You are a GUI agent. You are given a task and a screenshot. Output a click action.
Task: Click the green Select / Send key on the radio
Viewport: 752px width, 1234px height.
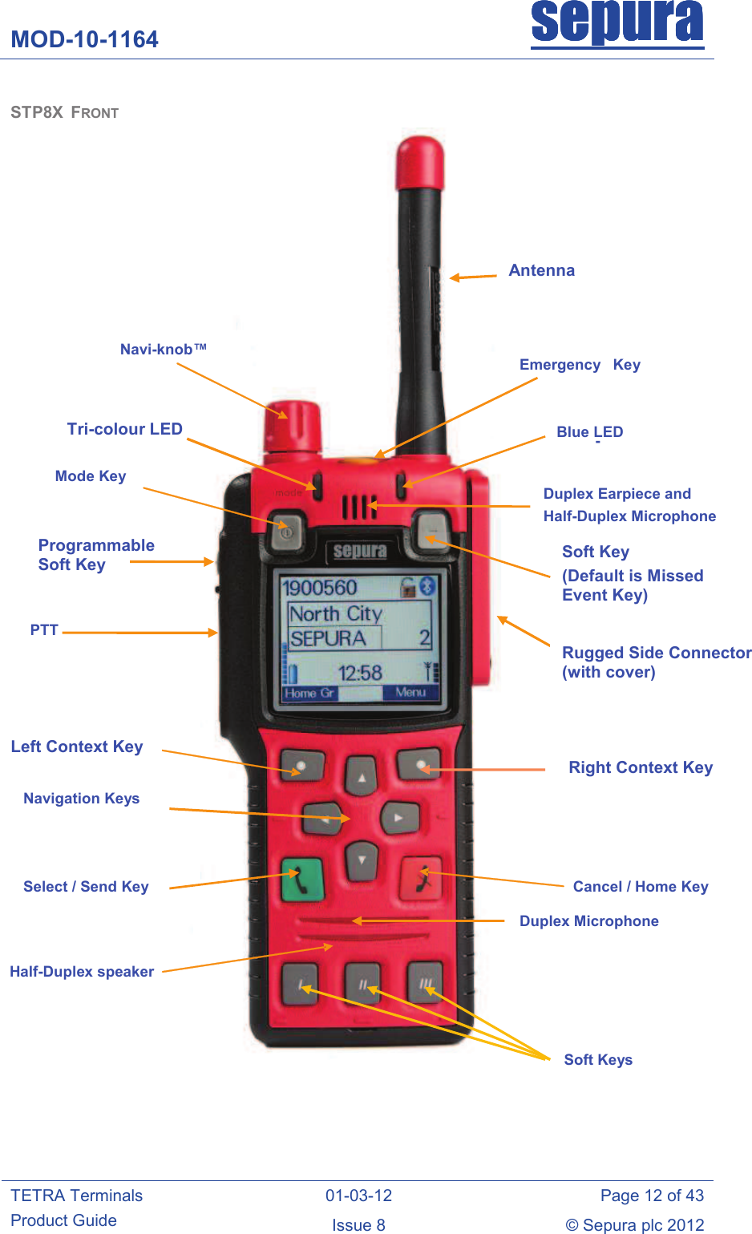[x=302, y=880]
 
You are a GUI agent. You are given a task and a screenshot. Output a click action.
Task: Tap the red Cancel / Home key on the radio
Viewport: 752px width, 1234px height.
[x=422, y=878]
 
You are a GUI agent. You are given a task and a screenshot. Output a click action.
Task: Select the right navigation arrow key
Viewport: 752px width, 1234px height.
[x=399, y=818]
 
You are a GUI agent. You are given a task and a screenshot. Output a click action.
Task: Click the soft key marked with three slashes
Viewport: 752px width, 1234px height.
[x=425, y=983]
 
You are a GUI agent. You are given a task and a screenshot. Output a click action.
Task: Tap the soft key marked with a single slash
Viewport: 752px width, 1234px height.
[x=301, y=985]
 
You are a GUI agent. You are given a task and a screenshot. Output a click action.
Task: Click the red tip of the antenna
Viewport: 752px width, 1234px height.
[x=420, y=163]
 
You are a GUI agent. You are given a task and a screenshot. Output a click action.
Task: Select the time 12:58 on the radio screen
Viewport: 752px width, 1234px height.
[x=360, y=673]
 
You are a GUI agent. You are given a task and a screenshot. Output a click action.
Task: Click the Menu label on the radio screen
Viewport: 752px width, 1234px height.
[x=410, y=692]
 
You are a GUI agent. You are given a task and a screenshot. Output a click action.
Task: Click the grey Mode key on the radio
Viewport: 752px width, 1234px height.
[x=286, y=532]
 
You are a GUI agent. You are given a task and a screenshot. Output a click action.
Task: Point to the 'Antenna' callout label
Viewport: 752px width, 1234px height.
[x=541, y=270]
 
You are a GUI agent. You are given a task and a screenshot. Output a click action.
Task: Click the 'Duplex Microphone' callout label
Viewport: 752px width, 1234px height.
[x=589, y=921]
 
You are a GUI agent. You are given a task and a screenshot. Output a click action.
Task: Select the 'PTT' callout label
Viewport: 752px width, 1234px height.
[x=44, y=629]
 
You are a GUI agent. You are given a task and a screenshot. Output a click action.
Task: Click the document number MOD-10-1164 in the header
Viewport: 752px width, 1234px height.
[x=84, y=39]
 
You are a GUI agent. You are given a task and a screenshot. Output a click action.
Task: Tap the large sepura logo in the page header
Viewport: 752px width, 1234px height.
[x=617, y=24]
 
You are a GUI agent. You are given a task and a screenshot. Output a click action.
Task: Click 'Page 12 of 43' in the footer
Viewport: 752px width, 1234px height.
[x=652, y=1195]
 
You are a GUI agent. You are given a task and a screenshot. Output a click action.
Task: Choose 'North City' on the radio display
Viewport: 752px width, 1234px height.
[x=335, y=613]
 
